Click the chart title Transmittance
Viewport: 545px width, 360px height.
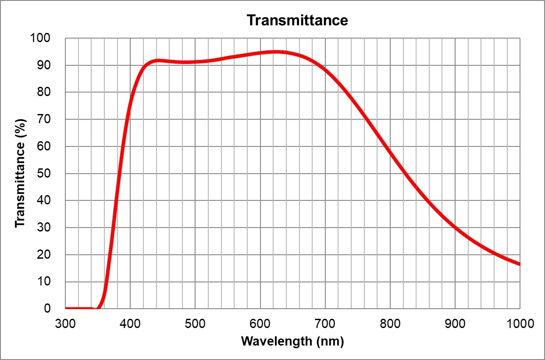click(297, 20)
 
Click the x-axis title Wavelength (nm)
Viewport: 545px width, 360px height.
click(292, 341)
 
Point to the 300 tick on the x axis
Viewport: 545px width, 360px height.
click(65, 324)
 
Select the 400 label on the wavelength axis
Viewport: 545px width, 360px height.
click(130, 324)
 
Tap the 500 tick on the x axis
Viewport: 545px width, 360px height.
click(195, 324)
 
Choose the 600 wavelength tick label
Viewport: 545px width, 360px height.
click(260, 324)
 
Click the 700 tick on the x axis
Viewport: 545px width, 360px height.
click(325, 324)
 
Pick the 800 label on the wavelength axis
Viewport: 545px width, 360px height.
click(390, 324)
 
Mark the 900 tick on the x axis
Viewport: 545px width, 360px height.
click(455, 324)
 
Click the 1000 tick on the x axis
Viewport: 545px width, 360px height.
click(520, 324)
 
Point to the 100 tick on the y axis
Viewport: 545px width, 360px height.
click(41, 38)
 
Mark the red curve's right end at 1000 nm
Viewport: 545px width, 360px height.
click(520, 264)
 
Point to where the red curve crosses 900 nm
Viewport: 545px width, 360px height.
click(455, 228)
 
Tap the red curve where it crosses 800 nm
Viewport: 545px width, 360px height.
click(390, 152)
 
